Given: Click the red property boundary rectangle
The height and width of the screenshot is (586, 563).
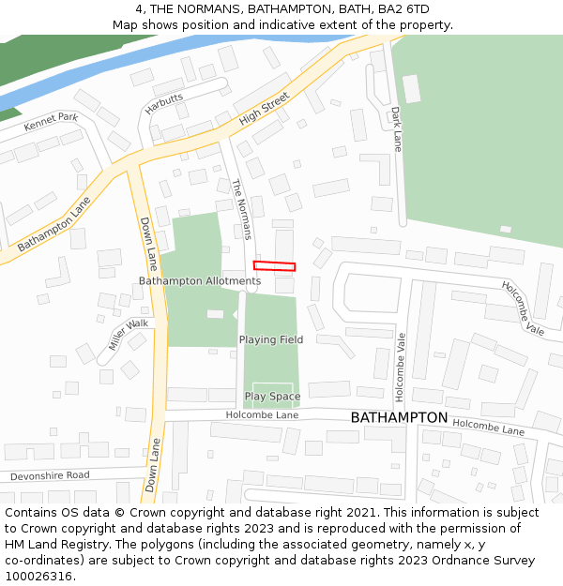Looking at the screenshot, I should pyautogui.click(x=274, y=266).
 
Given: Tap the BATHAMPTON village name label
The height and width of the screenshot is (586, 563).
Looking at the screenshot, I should pyautogui.click(x=399, y=417).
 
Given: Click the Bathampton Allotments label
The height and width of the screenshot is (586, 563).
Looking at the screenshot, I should pyautogui.click(x=200, y=281).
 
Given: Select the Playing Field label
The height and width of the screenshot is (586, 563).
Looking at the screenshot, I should pyautogui.click(x=271, y=339).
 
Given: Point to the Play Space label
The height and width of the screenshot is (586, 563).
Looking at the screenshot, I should pyautogui.click(x=272, y=397).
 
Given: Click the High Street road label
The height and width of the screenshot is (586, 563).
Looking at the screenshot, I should pyautogui.click(x=264, y=114).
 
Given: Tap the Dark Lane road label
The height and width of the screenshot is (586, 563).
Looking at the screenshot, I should pyautogui.click(x=396, y=128).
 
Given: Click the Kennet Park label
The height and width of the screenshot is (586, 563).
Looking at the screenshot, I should pyautogui.click(x=51, y=123).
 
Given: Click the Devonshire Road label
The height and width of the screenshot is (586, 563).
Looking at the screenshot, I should pyautogui.click(x=50, y=475).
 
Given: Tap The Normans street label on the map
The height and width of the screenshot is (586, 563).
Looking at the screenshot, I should pyautogui.click(x=242, y=209).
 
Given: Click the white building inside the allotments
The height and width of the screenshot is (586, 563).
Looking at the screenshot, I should pyautogui.click(x=215, y=313).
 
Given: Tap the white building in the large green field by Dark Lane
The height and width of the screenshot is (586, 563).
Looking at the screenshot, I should pyautogui.click(x=411, y=88).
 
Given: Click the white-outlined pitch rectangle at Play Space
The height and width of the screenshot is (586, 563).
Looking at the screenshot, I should pyautogui.click(x=272, y=393).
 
